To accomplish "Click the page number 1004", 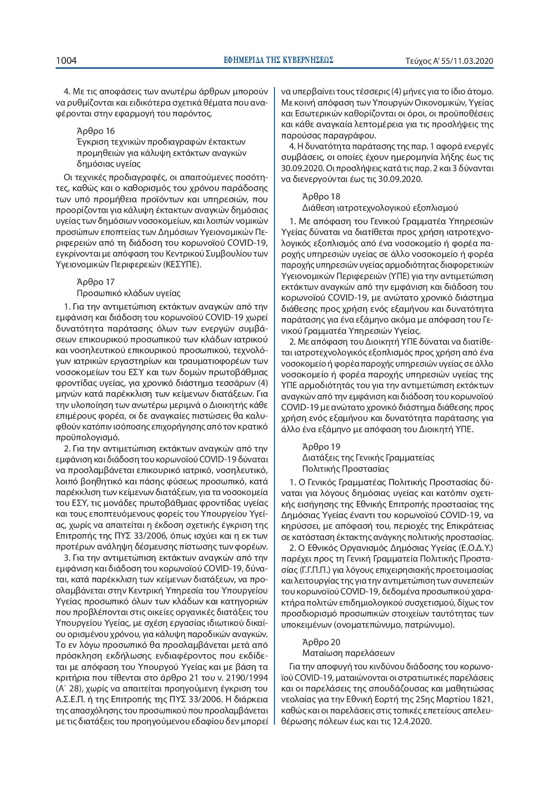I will point(66,61).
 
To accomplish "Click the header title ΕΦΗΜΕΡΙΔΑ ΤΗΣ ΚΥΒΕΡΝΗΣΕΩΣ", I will point(278,60).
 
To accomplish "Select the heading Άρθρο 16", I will point(96,131).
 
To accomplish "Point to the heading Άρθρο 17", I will point(96,282).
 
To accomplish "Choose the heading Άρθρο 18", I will point(321,196).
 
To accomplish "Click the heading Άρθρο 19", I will point(321,447).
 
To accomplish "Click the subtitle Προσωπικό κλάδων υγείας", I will point(128,293).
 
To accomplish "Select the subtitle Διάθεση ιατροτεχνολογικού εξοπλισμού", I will point(380,208).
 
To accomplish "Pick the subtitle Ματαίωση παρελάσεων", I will point(349,653).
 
